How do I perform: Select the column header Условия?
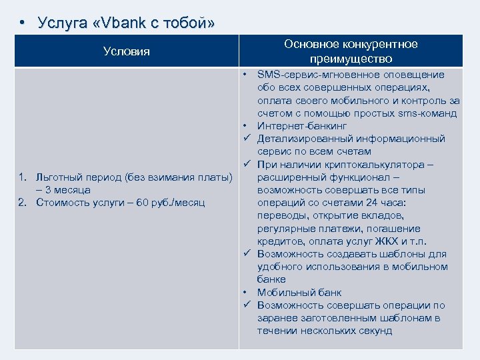tap(127, 51)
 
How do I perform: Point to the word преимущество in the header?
tap(351, 59)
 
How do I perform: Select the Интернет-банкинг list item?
tap(302, 126)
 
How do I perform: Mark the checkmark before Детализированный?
tap(246, 139)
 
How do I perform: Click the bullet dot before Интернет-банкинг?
tap(246, 126)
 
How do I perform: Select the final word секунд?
tap(372, 331)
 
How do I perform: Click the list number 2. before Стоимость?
tap(23, 202)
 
